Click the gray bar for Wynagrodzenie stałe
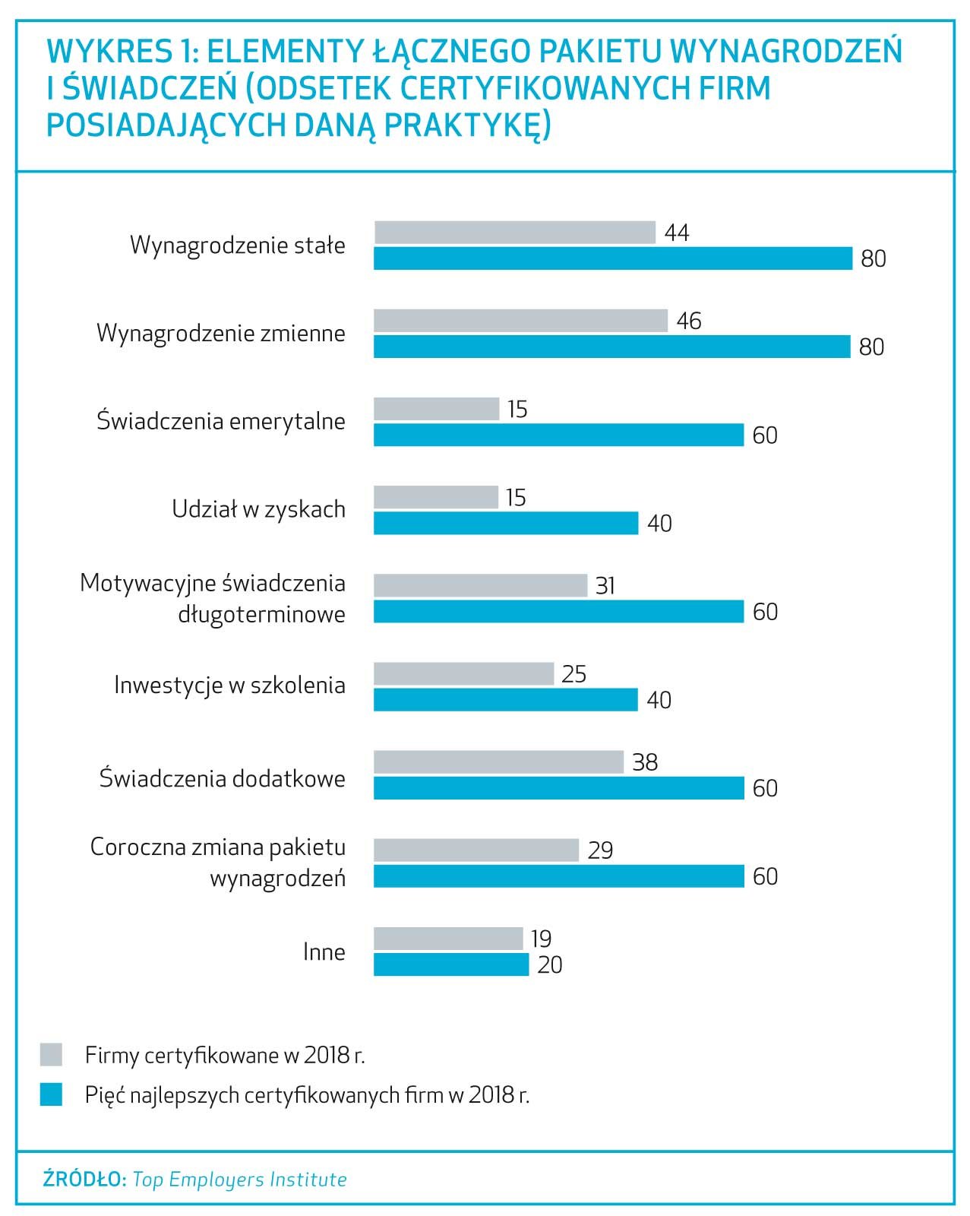coord(514,233)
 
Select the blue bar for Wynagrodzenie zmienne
coord(611,347)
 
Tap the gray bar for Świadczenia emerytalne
coord(436,409)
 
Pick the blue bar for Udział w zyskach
coord(505,523)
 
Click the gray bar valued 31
coord(480,585)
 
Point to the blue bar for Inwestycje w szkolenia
coord(505,699)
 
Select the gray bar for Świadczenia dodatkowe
coord(498,762)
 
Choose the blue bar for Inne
coord(450,964)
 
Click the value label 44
coord(677,233)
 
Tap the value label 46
coord(689,321)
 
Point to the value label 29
coord(600,850)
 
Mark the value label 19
coord(541,939)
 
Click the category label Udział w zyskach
coord(258,509)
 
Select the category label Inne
coord(324,952)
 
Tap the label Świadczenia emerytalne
coord(221,421)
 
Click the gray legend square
coord(51,1055)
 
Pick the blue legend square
coord(51,1094)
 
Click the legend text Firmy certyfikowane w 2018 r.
coord(225,1056)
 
